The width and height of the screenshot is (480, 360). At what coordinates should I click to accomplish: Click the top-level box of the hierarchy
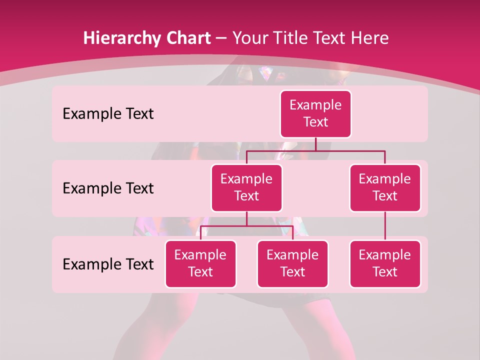tap(315, 113)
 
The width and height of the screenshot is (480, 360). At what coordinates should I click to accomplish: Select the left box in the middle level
tap(246, 187)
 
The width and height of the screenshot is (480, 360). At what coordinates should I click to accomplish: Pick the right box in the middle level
tap(385, 187)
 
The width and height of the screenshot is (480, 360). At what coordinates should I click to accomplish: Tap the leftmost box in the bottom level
tap(200, 263)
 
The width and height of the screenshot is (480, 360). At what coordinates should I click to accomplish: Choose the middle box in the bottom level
tap(292, 263)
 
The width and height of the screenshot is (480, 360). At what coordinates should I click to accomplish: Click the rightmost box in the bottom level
tap(385, 263)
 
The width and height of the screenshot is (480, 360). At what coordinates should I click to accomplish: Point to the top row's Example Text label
tap(108, 114)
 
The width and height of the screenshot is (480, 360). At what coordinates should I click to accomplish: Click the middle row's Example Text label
tap(108, 188)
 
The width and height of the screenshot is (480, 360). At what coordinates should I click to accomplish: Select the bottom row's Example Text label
tap(108, 264)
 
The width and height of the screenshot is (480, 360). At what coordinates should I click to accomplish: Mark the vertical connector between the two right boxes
tap(385, 225)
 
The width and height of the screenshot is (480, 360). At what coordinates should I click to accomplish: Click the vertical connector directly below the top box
tap(315, 144)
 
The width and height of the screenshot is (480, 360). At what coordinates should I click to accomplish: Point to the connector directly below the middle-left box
tap(246, 218)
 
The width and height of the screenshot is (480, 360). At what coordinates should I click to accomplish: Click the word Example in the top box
tap(315, 105)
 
